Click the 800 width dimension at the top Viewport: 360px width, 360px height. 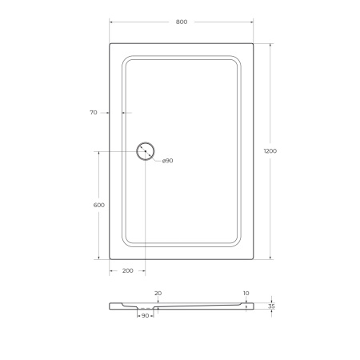181,22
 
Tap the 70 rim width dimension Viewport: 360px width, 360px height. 94,113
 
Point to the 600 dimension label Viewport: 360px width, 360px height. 99,206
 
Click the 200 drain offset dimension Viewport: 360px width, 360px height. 127,271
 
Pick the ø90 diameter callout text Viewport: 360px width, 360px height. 167,161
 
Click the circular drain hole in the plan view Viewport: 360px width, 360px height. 146,150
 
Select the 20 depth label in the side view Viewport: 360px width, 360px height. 158,294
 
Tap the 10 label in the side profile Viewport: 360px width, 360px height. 246,294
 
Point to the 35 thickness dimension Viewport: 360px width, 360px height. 271,306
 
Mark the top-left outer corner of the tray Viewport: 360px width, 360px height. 110,44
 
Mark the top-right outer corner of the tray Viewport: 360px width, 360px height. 254,44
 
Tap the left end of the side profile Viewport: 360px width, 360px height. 110,306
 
